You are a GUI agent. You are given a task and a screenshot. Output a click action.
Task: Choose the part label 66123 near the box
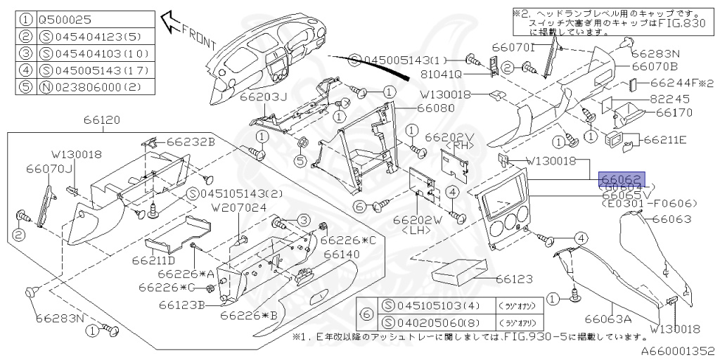(515, 279)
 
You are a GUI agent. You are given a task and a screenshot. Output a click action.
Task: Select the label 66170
(674, 112)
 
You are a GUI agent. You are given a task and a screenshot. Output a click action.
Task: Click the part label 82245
(670, 100)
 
